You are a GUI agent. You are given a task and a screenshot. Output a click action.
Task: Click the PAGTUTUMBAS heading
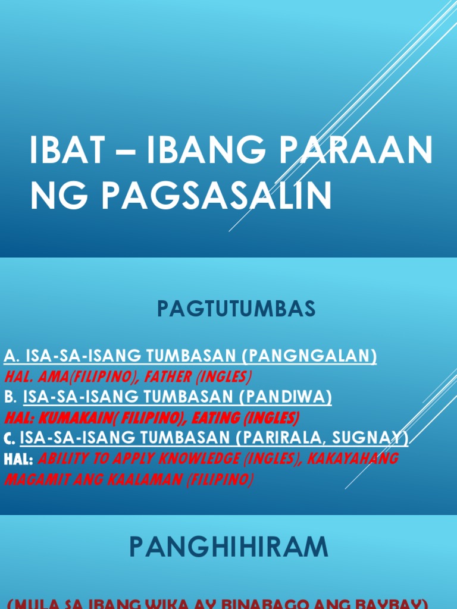coord(236,309)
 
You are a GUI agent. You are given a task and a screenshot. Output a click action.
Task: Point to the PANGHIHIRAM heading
coord(228,547)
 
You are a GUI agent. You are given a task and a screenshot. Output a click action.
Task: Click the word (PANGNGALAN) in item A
coord(309,356)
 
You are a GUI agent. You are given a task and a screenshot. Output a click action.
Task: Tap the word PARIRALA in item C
coord(278,438)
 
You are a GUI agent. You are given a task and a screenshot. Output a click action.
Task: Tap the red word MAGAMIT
coord(34,480)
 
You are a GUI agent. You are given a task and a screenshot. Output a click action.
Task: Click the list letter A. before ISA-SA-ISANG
coord(11,356)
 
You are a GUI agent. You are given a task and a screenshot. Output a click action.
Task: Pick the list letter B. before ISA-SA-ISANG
coord(10,397)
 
